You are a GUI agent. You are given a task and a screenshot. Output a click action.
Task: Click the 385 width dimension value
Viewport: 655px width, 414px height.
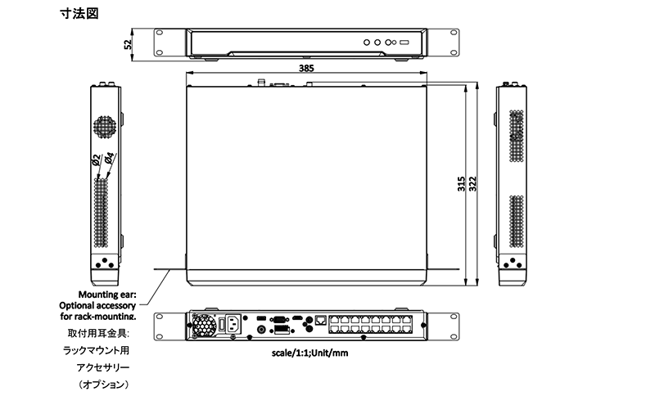click(306, 68)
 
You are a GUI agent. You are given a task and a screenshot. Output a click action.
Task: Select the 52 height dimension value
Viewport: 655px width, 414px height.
click(128, 44)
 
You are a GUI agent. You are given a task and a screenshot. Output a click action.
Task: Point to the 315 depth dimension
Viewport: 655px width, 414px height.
click(461, 183)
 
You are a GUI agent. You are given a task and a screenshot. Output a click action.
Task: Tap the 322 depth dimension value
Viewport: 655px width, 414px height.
click(472, 183)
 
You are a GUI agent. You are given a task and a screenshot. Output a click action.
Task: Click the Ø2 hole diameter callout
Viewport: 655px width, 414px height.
click(96, 160)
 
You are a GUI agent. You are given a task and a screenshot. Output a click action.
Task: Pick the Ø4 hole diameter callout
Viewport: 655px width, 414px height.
click(109, 157)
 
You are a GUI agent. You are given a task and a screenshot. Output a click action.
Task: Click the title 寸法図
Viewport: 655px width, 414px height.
click(79, 13)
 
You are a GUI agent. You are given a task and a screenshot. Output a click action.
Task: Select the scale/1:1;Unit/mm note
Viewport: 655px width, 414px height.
click(309, 353)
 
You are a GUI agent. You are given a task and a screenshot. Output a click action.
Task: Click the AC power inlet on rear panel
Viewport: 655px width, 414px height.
click(234, 323)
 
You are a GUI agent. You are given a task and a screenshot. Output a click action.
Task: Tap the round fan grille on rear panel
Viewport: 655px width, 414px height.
click(204, 325)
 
